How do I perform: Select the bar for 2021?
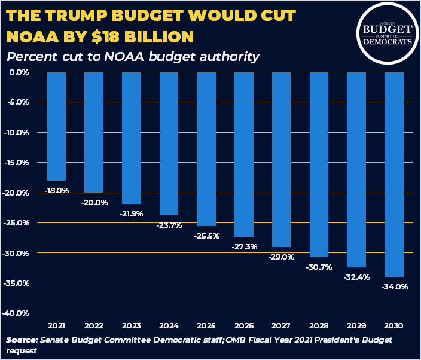point(57,126)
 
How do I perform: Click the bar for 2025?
point(207,149)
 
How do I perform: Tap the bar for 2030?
point(395,175)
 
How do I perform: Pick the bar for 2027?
point(282,159)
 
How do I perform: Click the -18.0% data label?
point(57,190)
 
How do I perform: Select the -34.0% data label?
point(395,287)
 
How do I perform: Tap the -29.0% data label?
point(282,257)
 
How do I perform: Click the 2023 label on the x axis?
point(132,325)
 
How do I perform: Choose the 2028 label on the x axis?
point(319,325)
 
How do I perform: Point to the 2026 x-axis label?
point(244,325)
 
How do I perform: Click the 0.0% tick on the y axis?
point(20,72)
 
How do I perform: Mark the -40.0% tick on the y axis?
point(18,313)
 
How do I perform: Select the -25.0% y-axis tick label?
point(18,222)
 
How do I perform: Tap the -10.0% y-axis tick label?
point(18,132)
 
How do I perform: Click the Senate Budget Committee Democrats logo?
point(388,32)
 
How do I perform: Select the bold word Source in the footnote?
point(22,340)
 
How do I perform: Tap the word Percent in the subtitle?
point(29,57)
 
